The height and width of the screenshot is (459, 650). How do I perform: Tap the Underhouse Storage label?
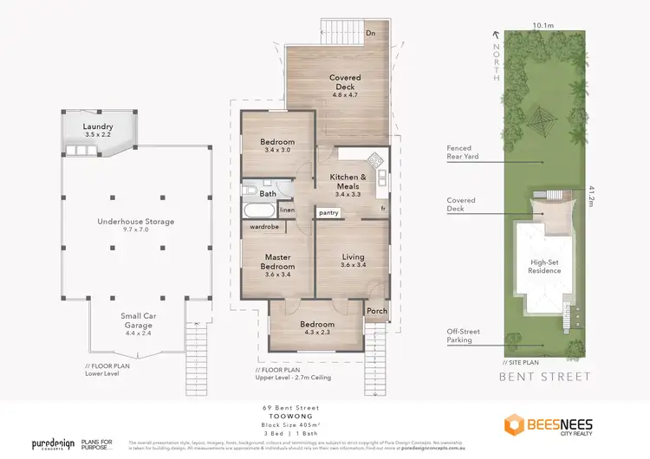point(137,222)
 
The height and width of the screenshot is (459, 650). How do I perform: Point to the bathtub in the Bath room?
point(257,211)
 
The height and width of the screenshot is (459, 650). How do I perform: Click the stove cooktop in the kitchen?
point(375,160)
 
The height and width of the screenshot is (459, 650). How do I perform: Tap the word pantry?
point(328,211)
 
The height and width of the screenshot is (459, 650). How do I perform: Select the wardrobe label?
point(264,227)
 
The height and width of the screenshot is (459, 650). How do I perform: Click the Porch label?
point(377,311)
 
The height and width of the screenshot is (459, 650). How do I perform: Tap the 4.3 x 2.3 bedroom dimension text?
point(319,332)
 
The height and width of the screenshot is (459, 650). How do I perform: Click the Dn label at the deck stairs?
point(370,33)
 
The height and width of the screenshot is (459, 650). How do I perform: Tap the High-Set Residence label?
point(544,265)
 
